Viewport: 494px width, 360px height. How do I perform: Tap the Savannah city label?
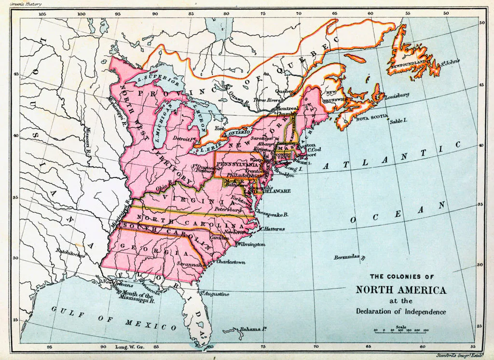point(189,265)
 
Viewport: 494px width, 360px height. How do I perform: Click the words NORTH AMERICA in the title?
point(401,291)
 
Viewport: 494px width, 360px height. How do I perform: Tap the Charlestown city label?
point(231,262)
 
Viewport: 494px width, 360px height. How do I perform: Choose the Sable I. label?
point(398,121)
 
